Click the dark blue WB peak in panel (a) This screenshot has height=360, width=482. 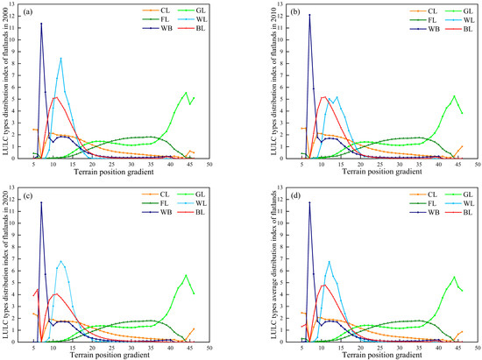point(41,24)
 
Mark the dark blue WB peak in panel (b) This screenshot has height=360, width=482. point(285,15)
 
